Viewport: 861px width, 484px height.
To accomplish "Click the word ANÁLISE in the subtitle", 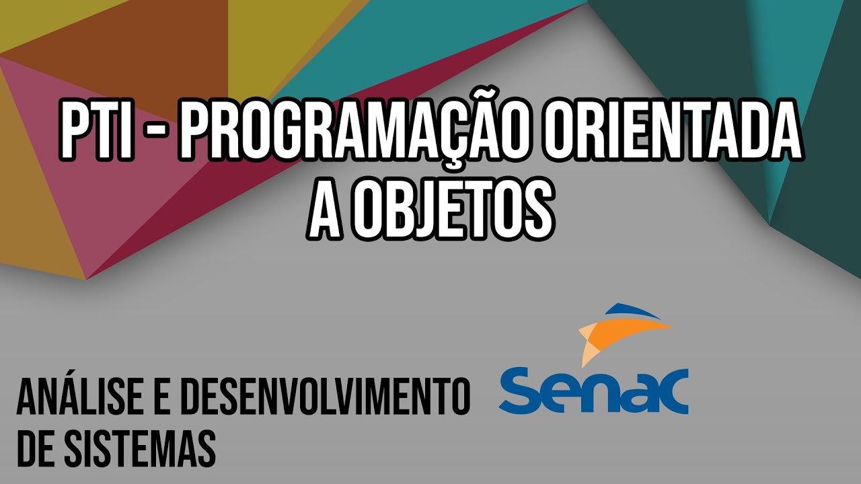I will (81, 397).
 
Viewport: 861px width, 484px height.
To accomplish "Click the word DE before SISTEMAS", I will (35, 447).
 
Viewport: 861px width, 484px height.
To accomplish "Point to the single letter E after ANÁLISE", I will (161, 397).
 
